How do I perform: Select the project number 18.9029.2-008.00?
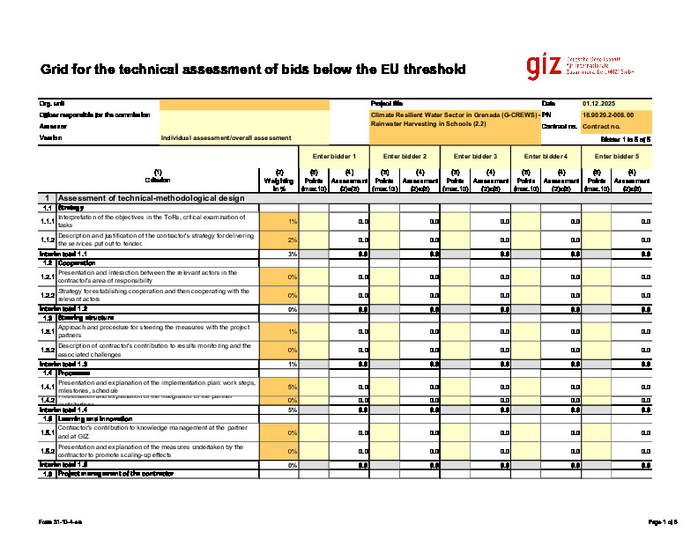(x=609, y=114)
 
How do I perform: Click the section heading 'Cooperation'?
(x=78, y=262)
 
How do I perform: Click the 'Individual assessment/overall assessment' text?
(x=226, y=138)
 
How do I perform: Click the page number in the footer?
(x=663, y=522)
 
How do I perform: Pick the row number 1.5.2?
(x=48, y=451)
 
